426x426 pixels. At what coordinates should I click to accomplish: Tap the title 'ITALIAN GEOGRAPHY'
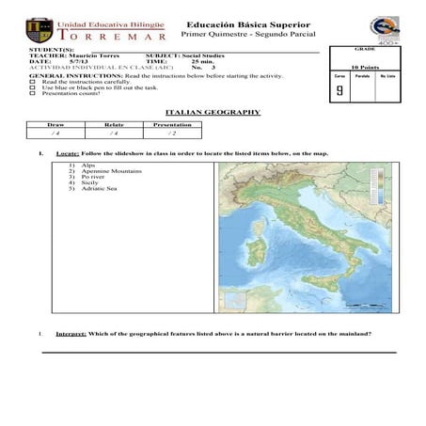[219, 112]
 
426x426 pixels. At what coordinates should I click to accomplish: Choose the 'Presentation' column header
[172, 124]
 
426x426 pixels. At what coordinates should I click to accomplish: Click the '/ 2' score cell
[172, 134]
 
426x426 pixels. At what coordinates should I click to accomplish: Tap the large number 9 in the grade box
[339, 91]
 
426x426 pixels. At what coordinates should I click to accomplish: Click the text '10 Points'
[364, 67]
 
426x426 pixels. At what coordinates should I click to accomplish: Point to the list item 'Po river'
[94, 177]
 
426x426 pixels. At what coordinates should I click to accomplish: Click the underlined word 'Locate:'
[67, 152]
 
